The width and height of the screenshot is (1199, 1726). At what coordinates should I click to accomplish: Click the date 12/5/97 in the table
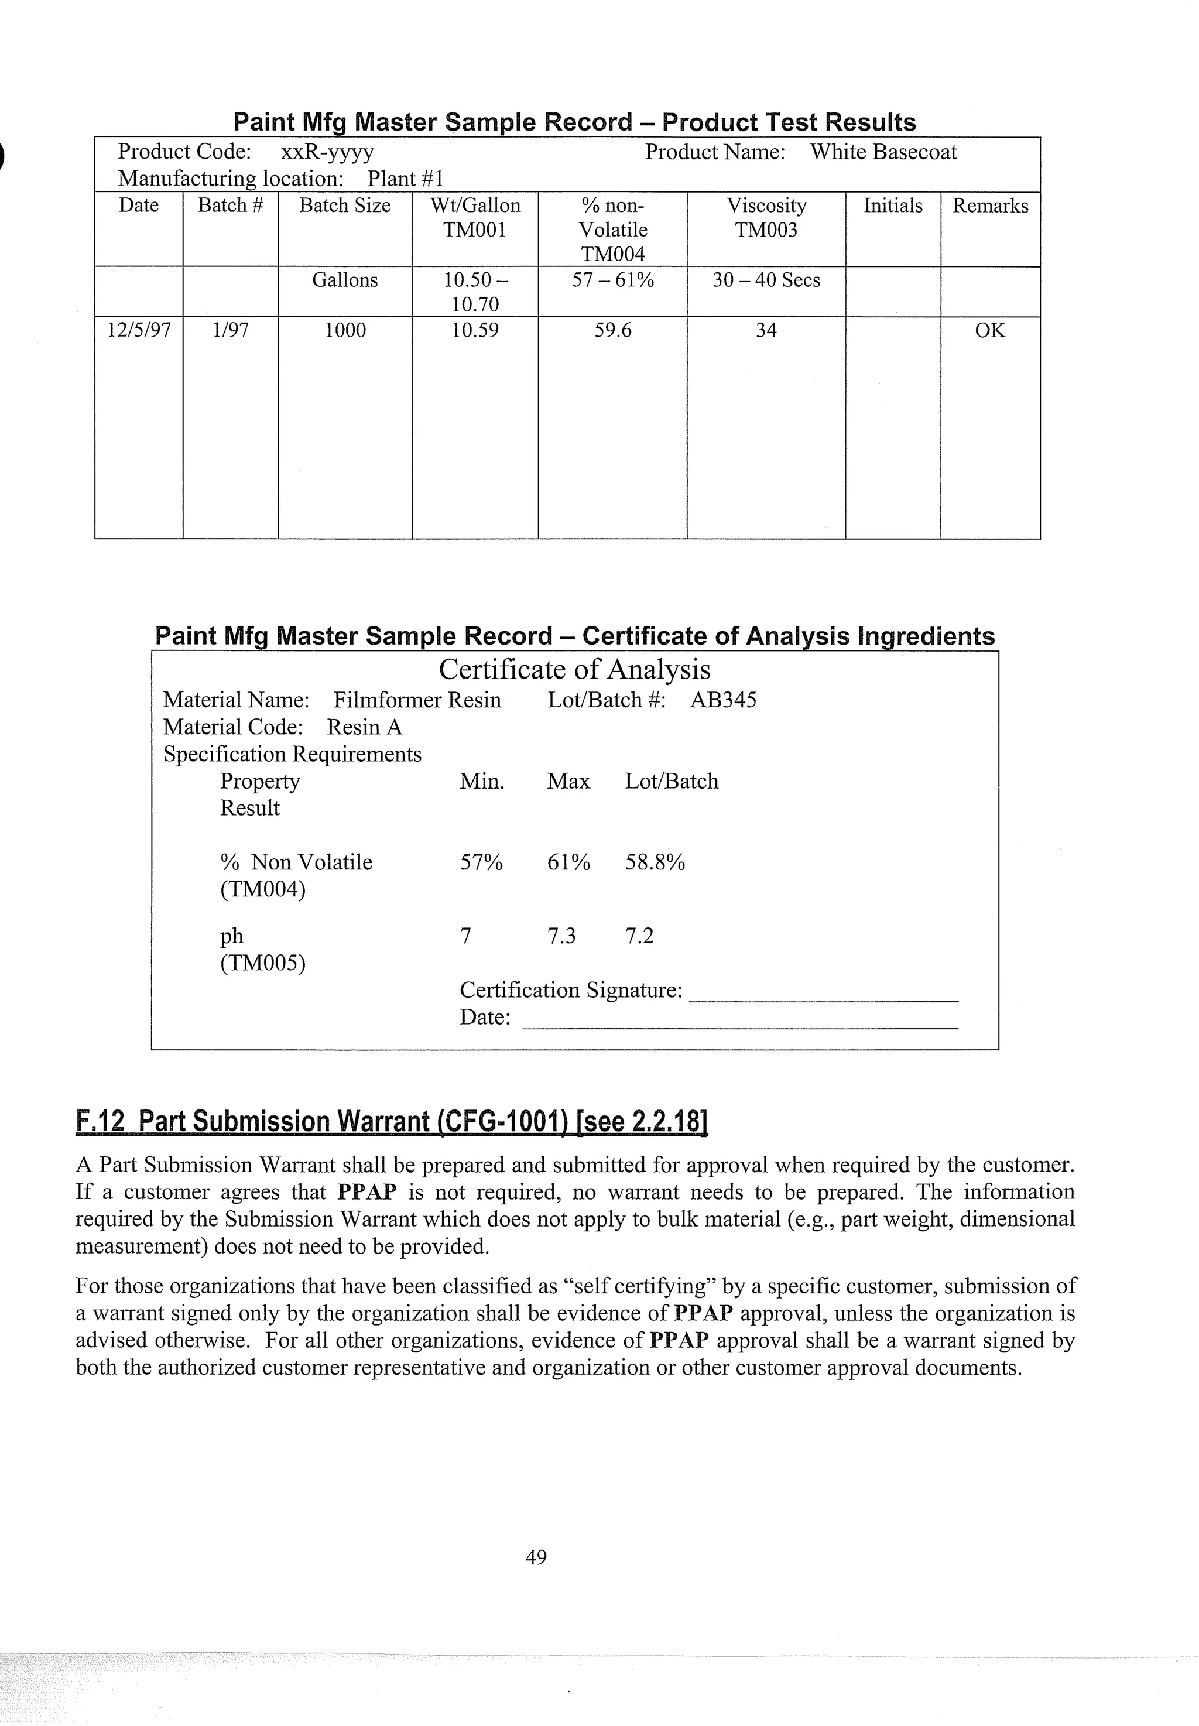pos(139,330)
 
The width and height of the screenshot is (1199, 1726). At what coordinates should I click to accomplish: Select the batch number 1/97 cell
pos(230,330)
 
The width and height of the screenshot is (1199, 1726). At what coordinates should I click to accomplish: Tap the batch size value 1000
pos(345,330)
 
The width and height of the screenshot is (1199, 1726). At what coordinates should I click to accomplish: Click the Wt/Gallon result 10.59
pos(475,330)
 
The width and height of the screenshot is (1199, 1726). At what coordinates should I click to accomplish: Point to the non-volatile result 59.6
pos(612,330)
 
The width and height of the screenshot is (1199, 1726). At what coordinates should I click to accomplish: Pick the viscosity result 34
pos(766,330)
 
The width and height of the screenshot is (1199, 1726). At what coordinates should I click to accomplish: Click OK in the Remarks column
pos(989,330)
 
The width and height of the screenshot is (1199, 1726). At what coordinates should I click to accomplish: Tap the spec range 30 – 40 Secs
pos(766,280)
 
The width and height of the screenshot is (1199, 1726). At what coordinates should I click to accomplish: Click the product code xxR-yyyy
pos(327,152)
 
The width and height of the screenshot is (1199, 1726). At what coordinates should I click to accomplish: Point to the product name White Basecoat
pos(883,152)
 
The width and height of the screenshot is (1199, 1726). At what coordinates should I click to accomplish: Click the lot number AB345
pos(722,700)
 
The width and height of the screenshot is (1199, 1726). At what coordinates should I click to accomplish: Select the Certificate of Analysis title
pos(575,669)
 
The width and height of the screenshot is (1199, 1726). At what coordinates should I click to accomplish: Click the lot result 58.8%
pos(655,862)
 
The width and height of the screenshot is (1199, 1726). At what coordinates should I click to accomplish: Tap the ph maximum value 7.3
pos(561,936)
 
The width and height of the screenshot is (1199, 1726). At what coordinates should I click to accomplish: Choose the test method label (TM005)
pos(262,963)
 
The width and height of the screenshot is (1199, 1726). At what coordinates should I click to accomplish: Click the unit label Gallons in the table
pos(345,280)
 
